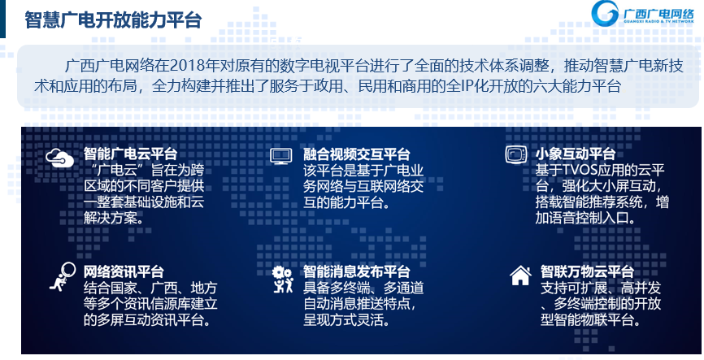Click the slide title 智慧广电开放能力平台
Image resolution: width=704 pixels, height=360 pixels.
coord(113,20)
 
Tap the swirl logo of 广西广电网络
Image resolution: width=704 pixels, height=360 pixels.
coord(605,14)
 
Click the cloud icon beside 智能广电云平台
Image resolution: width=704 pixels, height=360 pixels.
coord(59,158)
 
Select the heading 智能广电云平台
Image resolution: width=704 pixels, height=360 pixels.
coord(130,154)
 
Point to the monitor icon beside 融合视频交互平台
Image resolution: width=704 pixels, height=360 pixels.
coord(281,156)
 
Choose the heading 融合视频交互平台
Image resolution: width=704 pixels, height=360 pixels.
coord(357,154)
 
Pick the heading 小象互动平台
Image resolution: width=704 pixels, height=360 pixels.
coord(575,154)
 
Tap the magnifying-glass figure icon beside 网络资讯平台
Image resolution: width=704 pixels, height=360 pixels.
coord(63,277)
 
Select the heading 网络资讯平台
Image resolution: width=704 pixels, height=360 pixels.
coord(124,271)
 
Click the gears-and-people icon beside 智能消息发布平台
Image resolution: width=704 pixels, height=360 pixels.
coord(282,280)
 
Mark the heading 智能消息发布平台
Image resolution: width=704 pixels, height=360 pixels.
coord(357,271)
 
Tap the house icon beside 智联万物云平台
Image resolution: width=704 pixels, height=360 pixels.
coord(521,275)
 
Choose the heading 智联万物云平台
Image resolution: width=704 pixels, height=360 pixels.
coord(587,271)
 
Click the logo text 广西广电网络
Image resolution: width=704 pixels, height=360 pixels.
coord(658,14)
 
